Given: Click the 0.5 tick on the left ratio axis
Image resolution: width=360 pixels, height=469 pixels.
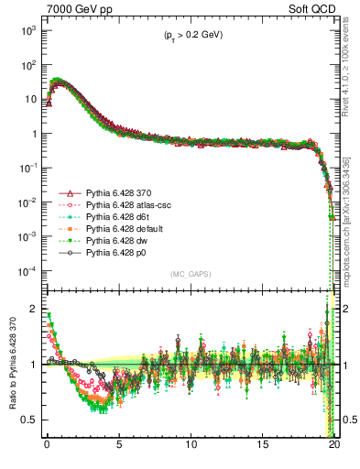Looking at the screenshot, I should (x=28, y=420).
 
